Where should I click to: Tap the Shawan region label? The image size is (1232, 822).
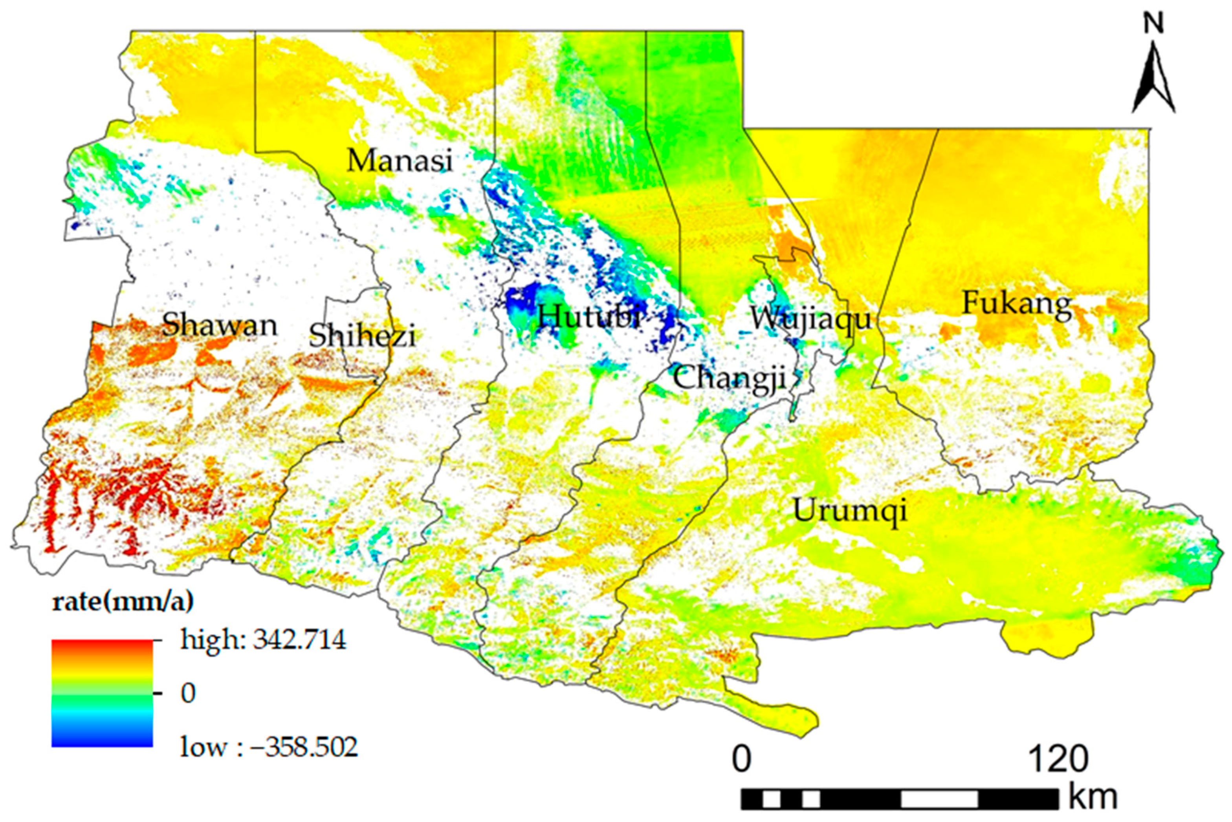pyautogui.click(x=219, y=325)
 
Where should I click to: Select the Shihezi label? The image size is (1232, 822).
pyautogui.click(x=362, y=336)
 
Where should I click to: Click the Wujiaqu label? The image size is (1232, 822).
pyautogui.click(x=810, y=319)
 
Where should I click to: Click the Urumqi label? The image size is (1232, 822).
pyautogui.click(x=850, y=510)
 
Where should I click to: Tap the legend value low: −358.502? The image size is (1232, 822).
pyautogui.click(x=269, y=747)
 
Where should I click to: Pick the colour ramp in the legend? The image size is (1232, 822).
pyautogui.click(x=102, y=693)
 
